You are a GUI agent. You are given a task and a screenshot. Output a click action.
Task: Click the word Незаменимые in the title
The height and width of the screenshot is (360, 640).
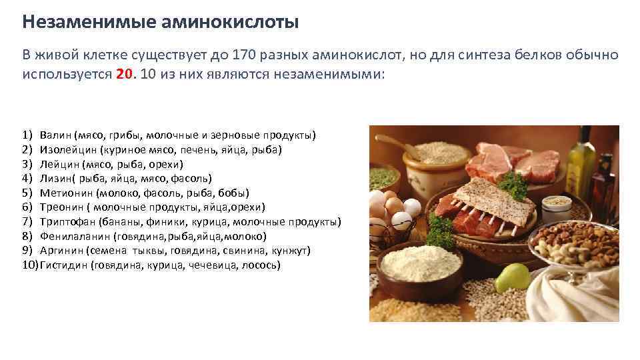click(x=88, y=22)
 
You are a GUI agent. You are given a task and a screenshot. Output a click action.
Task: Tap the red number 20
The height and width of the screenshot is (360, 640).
click(x=125, y=74)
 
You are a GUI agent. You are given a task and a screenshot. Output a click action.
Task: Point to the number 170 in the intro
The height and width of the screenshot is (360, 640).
click(x=244, y=55)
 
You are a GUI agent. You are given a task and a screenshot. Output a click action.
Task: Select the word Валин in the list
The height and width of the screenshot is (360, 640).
click(x=55, y=135)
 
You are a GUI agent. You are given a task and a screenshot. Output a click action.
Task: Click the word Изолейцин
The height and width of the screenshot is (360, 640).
click(x=68, y=150)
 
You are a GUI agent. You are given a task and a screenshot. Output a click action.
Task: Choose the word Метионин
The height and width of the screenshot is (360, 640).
click(x=66, y=193)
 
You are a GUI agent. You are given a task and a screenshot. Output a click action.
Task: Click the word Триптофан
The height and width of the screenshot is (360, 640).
click(x=67, y=221)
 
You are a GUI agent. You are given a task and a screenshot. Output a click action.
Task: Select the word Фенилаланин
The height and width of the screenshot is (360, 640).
click(x=75, y=236)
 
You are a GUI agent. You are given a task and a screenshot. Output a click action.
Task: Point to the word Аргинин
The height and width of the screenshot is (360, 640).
click(x=61, y=250)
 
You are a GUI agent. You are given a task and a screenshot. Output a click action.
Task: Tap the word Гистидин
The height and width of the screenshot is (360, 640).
click(x=64, y=265)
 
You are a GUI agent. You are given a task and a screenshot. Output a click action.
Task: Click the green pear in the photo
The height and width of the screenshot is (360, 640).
click(x=513, y=277)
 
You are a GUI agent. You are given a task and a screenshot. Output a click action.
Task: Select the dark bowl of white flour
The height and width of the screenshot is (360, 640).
click(x=420, y=270)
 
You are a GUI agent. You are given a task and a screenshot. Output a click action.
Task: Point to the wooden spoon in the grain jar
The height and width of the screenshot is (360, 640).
click(x=398, y=146)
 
